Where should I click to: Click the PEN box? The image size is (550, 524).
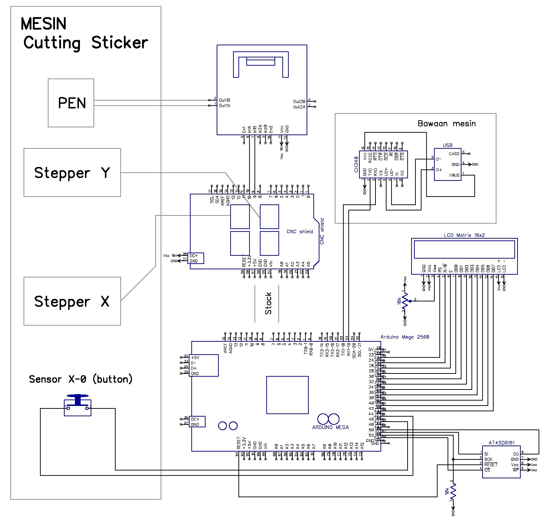71,103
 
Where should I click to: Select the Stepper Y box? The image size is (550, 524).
72,173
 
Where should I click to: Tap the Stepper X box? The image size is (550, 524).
72,301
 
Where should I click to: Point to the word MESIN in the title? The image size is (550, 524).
44,24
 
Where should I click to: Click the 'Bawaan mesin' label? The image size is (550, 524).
446,124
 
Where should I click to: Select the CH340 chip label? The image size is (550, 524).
356,164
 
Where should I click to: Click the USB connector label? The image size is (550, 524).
448,145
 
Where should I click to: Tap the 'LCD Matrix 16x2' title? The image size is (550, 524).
464,235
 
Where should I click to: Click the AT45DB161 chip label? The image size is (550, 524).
501,443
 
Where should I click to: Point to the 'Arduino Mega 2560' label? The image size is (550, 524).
405,337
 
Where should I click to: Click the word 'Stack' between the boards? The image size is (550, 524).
268,304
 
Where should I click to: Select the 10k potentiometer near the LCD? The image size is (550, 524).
404,301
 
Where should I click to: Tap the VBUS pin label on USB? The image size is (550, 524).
454,175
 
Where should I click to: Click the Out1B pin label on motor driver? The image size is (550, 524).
224,100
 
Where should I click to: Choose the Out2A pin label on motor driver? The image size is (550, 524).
299,107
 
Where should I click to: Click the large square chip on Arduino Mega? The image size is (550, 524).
287,395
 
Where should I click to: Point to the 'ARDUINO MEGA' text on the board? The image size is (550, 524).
330,427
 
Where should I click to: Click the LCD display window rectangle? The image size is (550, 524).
464,249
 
